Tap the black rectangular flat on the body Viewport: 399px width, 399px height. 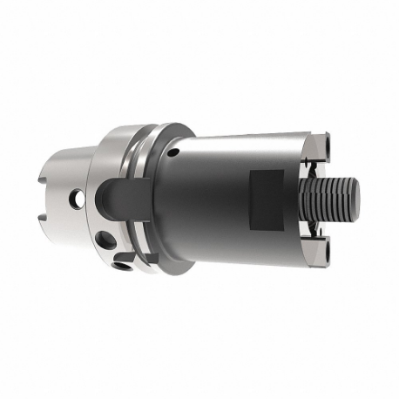point(267,199)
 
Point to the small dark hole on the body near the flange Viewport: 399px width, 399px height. point(173,152)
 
